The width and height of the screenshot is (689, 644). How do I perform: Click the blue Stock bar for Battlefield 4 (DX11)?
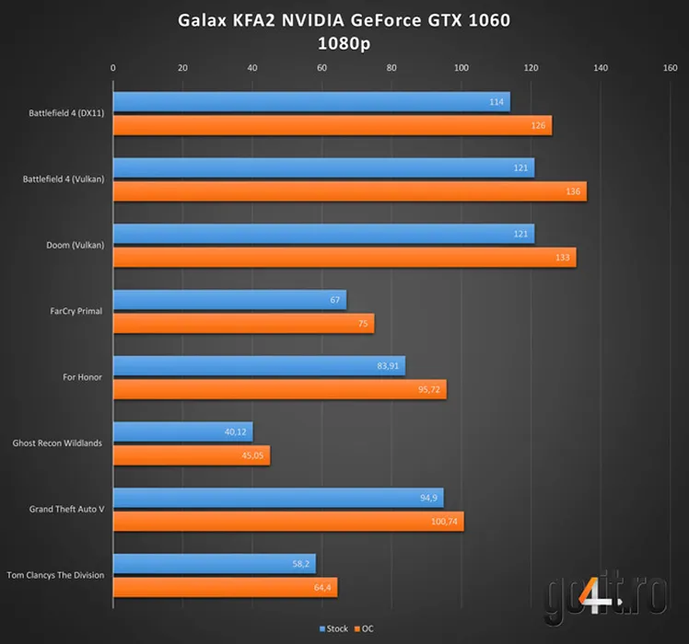[310, 102]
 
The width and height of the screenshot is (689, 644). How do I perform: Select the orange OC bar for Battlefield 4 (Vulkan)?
[349, 191]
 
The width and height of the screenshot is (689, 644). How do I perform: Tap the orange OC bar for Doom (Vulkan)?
[344, 258]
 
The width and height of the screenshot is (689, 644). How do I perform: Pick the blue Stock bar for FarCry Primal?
[229, 300]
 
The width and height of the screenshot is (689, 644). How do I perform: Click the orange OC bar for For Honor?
[279, 389]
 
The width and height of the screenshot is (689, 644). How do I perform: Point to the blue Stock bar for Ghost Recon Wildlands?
[182, 432]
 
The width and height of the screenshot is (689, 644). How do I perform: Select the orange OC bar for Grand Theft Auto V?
[287, 522]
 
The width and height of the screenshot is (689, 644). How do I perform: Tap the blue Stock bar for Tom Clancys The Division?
[214, 564]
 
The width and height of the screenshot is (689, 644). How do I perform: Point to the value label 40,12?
[236, 432]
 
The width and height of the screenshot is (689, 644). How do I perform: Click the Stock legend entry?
[333, 629]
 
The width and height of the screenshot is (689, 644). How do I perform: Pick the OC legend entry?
[365, 629]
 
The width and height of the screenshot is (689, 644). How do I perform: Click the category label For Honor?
[83, 377]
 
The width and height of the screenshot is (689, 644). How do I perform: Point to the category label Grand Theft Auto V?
[65, 509]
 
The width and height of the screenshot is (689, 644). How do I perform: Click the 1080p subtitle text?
[344, 42]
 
